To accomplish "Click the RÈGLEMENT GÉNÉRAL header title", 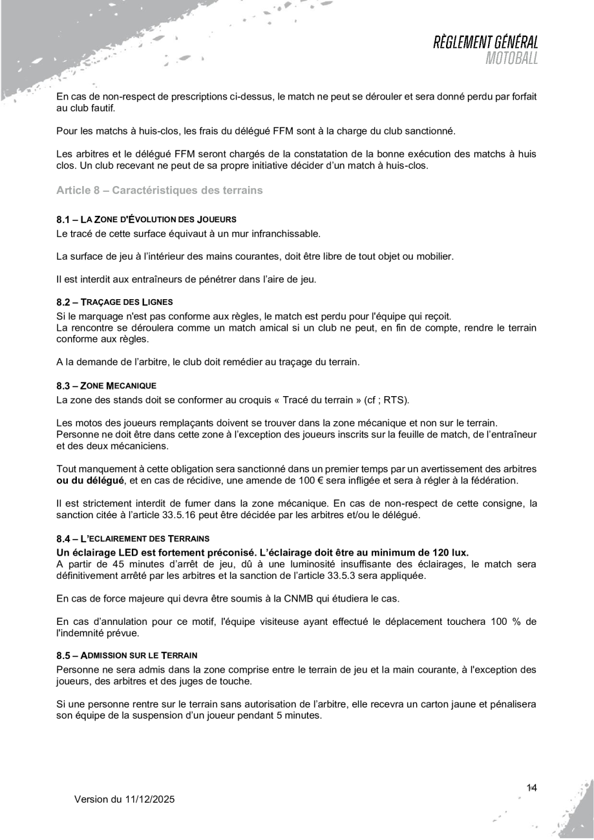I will click(486, 43).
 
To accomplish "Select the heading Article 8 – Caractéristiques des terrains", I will click(159, 191).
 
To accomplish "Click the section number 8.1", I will click(63, 220).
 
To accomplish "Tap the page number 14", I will click(532, 787).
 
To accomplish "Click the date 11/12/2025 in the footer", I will click(149, 799).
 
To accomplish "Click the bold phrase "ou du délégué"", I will click(87, 481).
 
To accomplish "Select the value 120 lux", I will click(448, 552).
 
